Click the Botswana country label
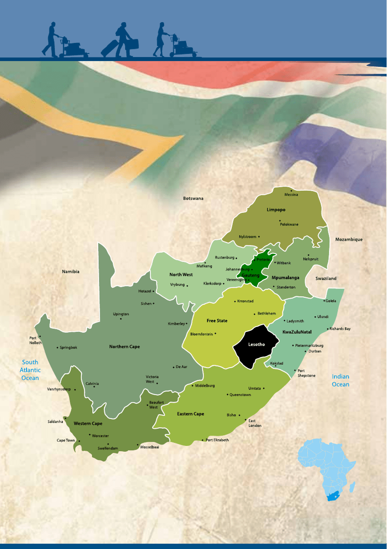[x=193, y=198]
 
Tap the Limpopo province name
[x=276, y=210]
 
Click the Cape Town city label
[x=66, y=440]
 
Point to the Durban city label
[x=314, y=351]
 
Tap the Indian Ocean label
[x=341, y=381]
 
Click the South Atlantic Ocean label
[x=30, y=370]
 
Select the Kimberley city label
[x=176, y=324]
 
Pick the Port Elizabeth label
[x=217, y=440]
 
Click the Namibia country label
[x=70, y=271]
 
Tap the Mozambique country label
[x=349, y=240]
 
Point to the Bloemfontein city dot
[x=215, y=334]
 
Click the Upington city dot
[x=121, y=319]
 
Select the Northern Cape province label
[x=124, y=347]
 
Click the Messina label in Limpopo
[x=291, y=195]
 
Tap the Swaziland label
[x=326, y=279]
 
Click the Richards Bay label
[x=340, y=329]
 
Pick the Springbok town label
[x=68, y=348]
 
